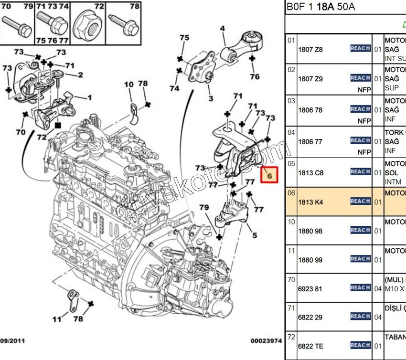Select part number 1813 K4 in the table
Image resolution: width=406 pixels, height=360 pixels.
310,202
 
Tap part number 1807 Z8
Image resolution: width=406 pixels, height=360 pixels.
310,49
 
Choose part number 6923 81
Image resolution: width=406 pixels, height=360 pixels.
310,288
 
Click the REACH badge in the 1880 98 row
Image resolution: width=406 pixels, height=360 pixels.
361,230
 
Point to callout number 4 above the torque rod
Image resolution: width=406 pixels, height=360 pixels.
222,29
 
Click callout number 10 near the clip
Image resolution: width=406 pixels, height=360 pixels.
129,85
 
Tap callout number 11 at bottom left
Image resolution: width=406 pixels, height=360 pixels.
57,319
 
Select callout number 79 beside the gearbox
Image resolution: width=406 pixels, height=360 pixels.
204,207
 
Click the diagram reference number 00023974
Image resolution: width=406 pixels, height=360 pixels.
266,341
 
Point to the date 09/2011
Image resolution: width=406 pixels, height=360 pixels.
12,341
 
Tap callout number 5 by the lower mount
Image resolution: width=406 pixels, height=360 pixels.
255,235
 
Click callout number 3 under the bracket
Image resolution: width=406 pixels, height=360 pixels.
210,99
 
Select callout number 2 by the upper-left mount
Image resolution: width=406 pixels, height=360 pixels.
80,74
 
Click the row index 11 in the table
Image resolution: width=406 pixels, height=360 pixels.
291,250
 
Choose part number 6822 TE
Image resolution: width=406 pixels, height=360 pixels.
310,346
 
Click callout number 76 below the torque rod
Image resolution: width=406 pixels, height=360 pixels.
255,76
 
